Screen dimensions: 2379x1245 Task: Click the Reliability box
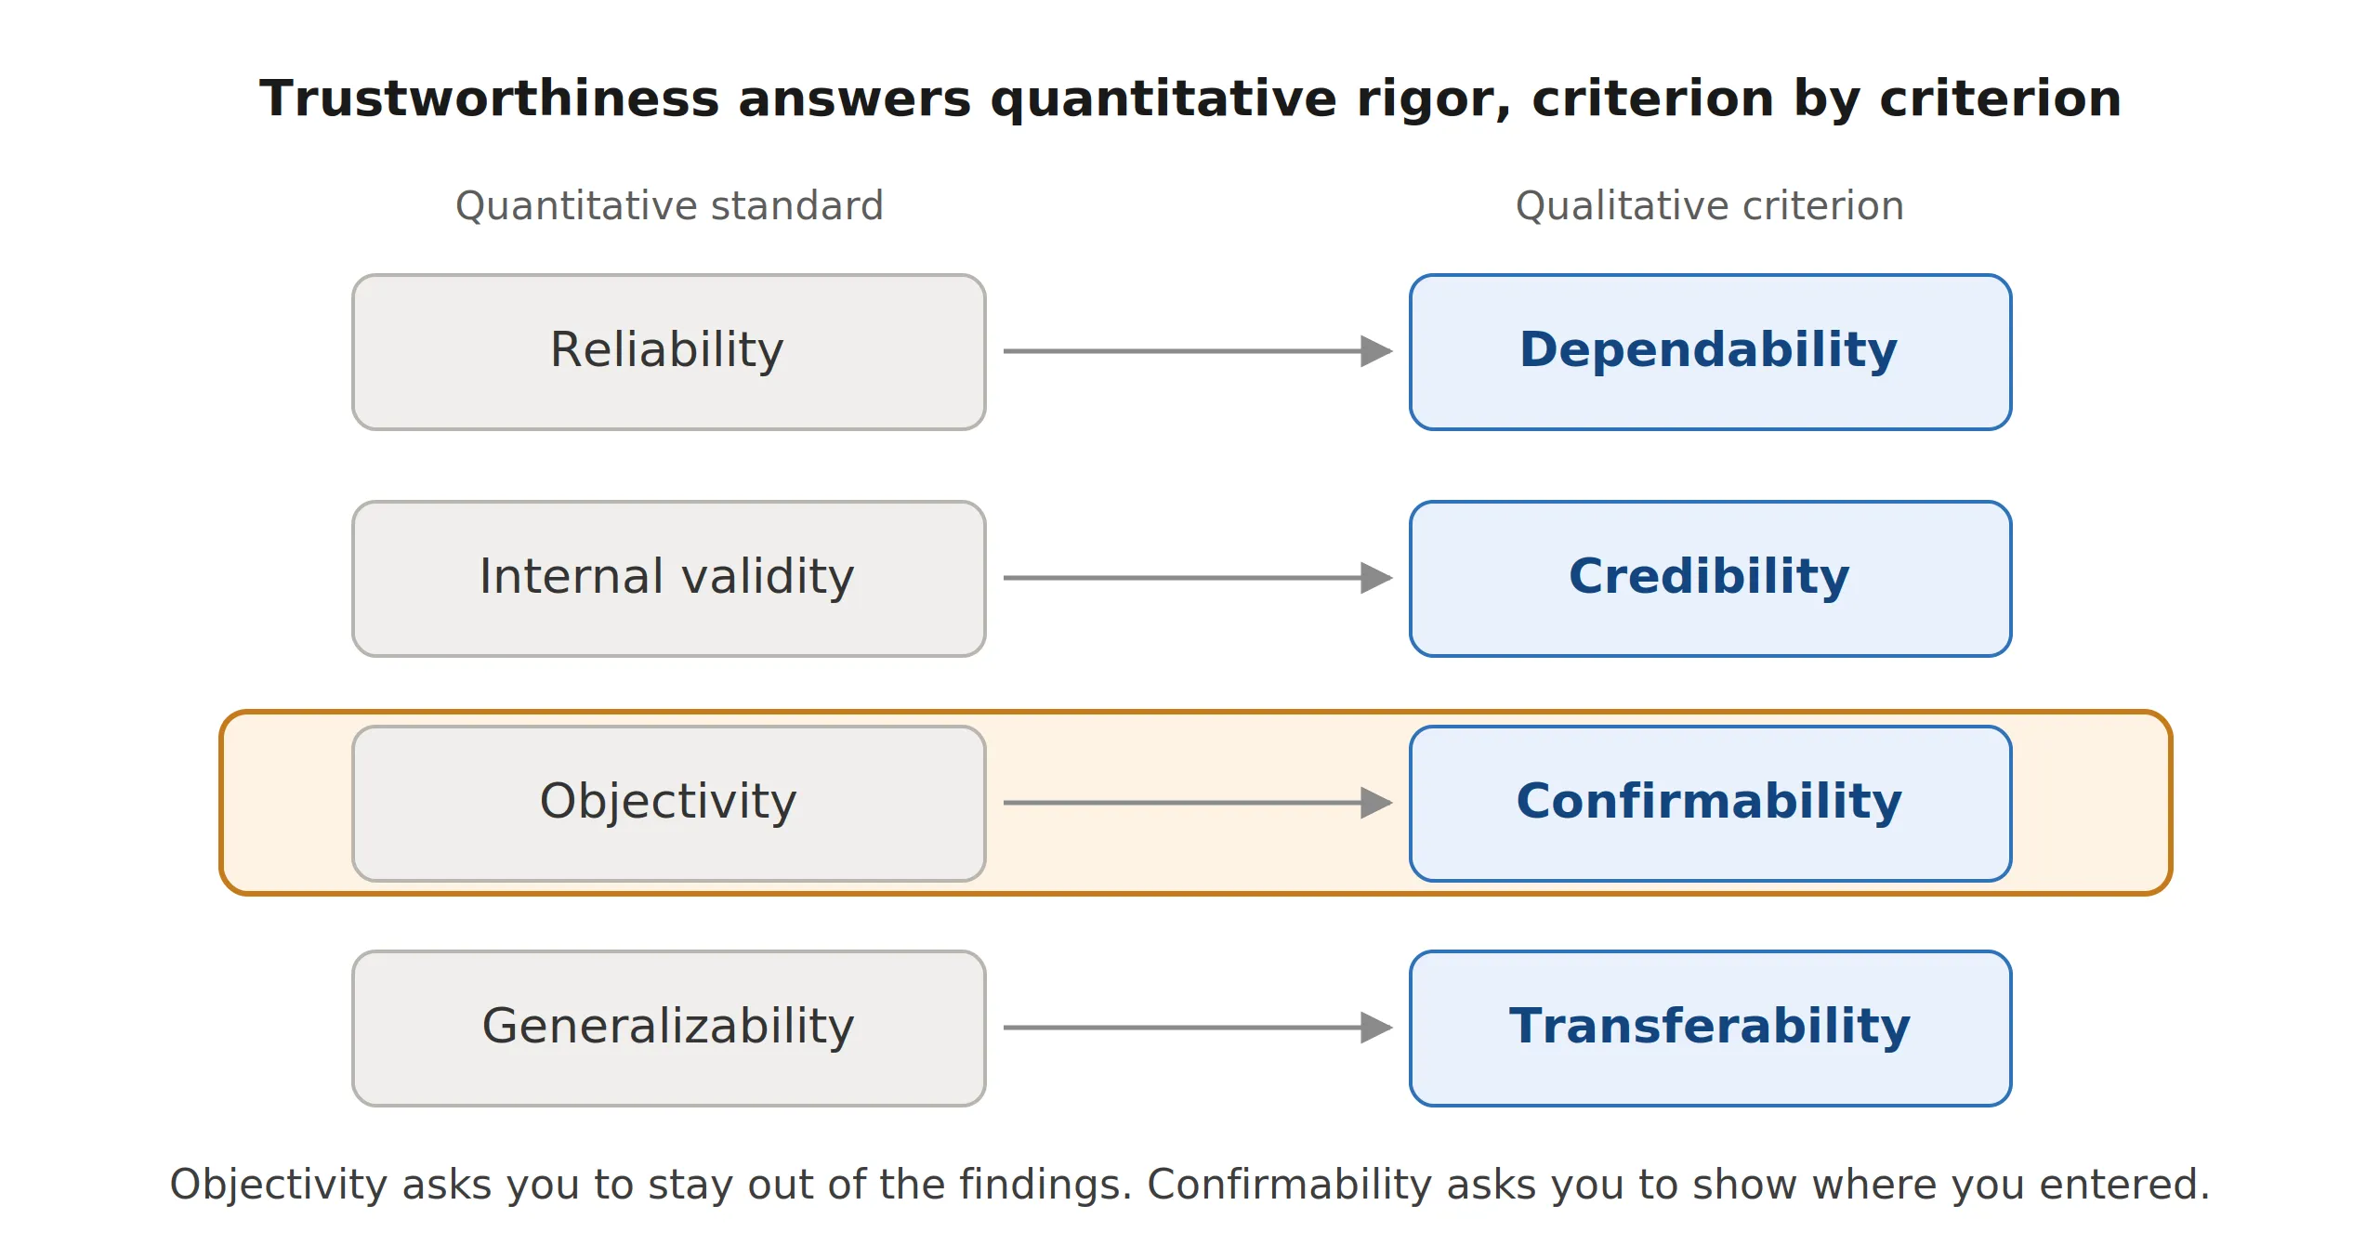(x=669, y=352)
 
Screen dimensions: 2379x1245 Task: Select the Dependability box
(x=1711, y=352)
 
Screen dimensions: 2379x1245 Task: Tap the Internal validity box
(x=669, y=579)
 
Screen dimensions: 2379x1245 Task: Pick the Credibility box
(x=1711, y=579)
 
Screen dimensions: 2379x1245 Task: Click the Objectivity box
(x=669, y=804)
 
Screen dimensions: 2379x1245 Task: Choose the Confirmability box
(x=1711, y=804)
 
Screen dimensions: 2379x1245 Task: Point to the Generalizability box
(x=669, y=1029)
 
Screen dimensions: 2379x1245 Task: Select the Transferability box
(x=1711, y=1029)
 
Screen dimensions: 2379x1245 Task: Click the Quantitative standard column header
(x=669, y=206)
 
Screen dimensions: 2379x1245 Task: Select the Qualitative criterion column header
(x=1710, y=206)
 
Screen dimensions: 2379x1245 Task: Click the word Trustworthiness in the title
(x=490, y=98)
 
